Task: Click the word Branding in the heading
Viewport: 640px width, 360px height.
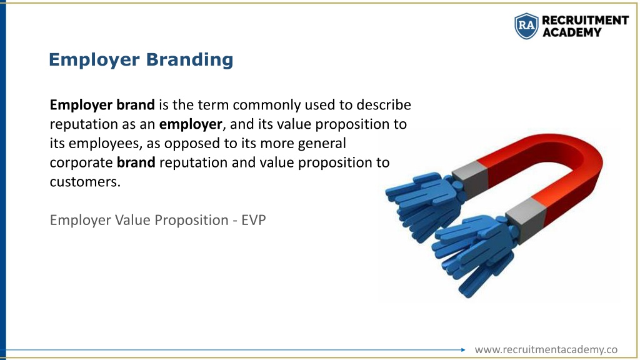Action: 189,60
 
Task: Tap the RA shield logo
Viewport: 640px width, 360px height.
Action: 526,26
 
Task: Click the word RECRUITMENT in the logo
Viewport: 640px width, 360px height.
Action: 585,20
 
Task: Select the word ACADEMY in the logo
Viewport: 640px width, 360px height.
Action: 572,32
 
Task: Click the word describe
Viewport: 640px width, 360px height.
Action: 384,104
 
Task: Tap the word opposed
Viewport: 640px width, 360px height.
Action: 192,144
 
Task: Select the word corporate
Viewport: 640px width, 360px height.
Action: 81,163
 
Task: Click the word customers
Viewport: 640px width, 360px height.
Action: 85,182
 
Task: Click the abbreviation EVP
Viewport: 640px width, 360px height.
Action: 254,220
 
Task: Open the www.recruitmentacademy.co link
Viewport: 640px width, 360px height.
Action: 546,350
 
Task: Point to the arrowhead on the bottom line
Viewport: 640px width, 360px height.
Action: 463,350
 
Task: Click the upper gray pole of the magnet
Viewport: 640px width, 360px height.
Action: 471,178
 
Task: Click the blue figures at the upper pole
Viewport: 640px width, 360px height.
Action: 424,204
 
